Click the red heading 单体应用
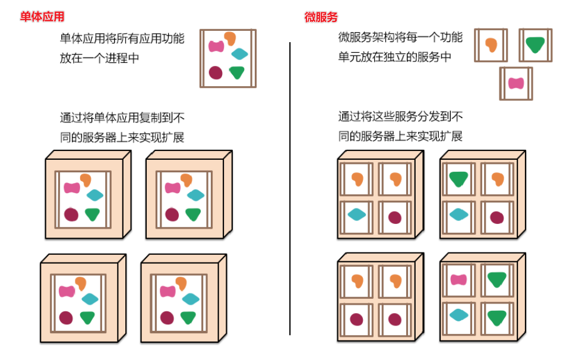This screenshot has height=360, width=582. click(x=41, y=17)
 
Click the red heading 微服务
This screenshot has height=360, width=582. click(x=321, y=17)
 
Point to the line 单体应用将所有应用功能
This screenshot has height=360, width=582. click(x=122, y=39)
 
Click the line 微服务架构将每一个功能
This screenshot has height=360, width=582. click(x=400, y=37)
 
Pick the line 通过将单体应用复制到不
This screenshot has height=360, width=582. click(x=122, y=118)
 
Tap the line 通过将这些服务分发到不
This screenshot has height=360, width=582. click(x=400, y=116)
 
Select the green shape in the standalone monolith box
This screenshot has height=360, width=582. click(x=237, y=72)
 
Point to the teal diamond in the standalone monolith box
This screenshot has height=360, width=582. click(x=240, y=55)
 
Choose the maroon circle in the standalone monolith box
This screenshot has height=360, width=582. click(x=216, y=72)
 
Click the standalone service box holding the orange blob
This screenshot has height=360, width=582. click(x=491, y=45)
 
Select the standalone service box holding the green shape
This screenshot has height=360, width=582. click(x=535, y=45)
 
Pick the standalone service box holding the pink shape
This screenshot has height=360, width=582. click(x=515, y=83)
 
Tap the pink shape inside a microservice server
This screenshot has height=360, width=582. click(x=458, y=280)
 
